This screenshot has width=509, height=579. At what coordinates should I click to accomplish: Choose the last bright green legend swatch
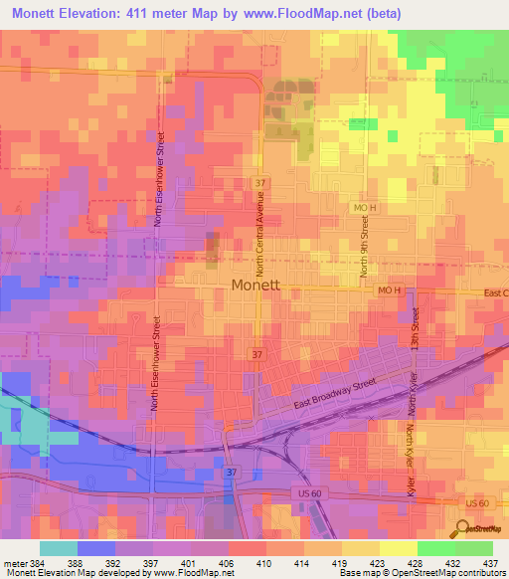click(473, 548)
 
